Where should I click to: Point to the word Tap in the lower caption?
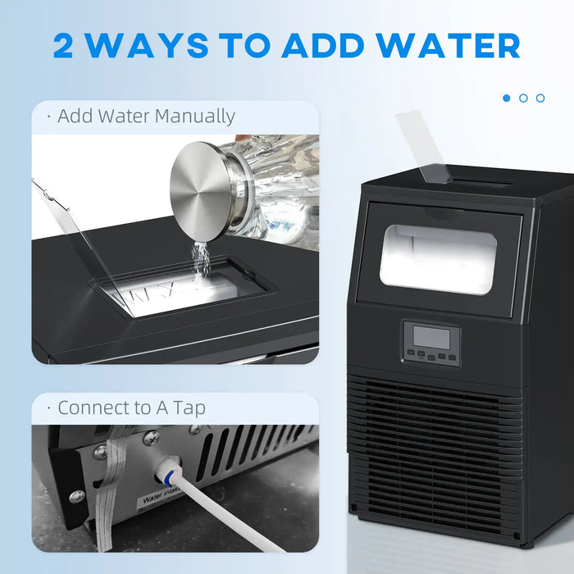point(186,408)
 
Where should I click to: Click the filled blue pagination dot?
point(506,98)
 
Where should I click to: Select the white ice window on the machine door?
point(438,259)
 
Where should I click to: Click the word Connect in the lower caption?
point(91,408)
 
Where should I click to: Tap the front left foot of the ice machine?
point(354,509)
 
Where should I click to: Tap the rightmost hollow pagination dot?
point(540,98)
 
